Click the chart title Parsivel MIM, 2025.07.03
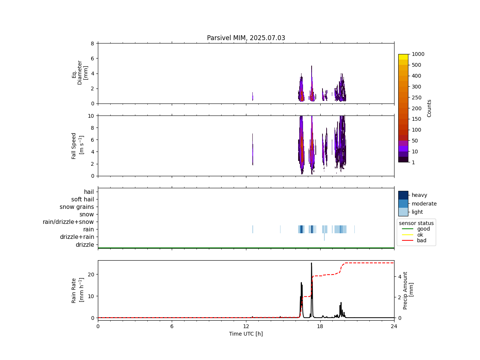pyautogui.click(x=246, y=38)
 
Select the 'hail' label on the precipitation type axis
pyautogui.click(x=89, y=192)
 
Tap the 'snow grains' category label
pyautogui.click(x=76, y=207)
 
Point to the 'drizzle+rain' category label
pyautogui.click(x=77, y=237)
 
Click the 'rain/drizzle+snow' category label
pyautogui.click(x=68, y=222)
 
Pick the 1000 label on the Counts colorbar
pyautogui.click(x=418, y=54)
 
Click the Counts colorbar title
pyautogui.click(x=429, y=108)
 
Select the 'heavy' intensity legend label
pyautogui.click(x=419, y=195)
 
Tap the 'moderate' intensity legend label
pyautogui.click(x=424, y=204)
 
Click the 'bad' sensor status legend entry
pyautogui.click(x=421, y=241)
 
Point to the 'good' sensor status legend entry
pyautogui.click(x=423, y=229)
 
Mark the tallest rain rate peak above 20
pyautogui.click(x=311, y=263)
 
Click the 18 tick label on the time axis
pyautogui.click(x=320, y=326)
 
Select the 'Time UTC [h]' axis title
pyautogui.click(x=246, y=334)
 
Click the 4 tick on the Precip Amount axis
pyautogui.click(x=400, y=277)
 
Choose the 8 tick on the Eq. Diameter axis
pyautogui.click(x=92, y=43)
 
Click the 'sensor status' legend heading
pyautogui.click(x=416, y=223)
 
